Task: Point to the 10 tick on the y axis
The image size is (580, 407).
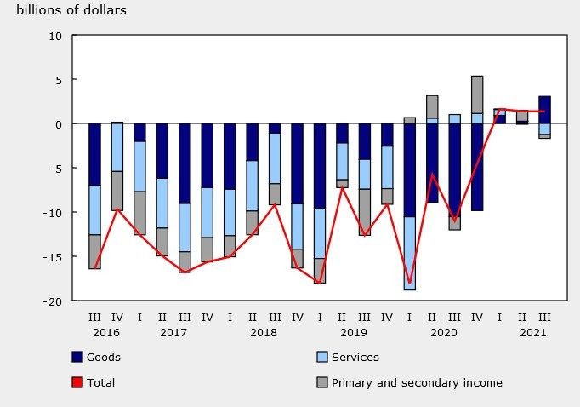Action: coord(56,36)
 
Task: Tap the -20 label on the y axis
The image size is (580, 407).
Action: coord(54,301)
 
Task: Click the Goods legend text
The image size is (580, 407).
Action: coord(103,358)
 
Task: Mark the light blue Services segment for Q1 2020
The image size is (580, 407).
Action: coord(410,253)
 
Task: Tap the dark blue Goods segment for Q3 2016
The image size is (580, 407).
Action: coord(94,154)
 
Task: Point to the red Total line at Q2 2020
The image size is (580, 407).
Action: coord(432,175)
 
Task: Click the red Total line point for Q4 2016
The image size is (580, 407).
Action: coord(117,209)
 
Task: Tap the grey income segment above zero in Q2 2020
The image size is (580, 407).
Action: coord(432,106)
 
